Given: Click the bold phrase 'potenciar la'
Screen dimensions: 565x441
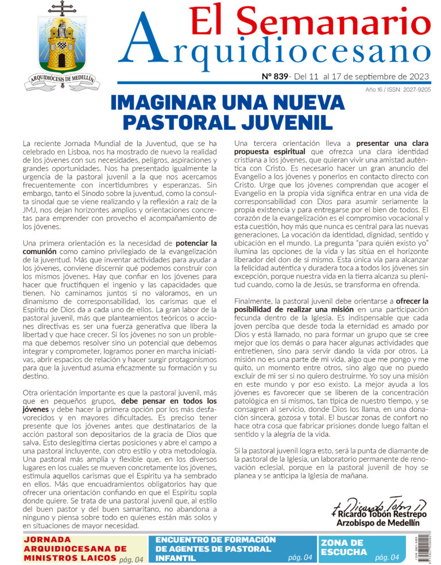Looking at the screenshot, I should pyautogui.click(x=196, y=243).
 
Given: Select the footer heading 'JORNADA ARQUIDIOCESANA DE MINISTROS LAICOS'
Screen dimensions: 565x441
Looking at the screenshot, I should pyautogui.click(x=75, y=548).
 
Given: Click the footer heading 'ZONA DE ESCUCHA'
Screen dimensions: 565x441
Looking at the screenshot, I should pyautogui.click(x=342, y=547).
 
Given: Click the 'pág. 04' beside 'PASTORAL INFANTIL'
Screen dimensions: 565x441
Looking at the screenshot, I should pyautogui.click(x=300, y=558).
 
